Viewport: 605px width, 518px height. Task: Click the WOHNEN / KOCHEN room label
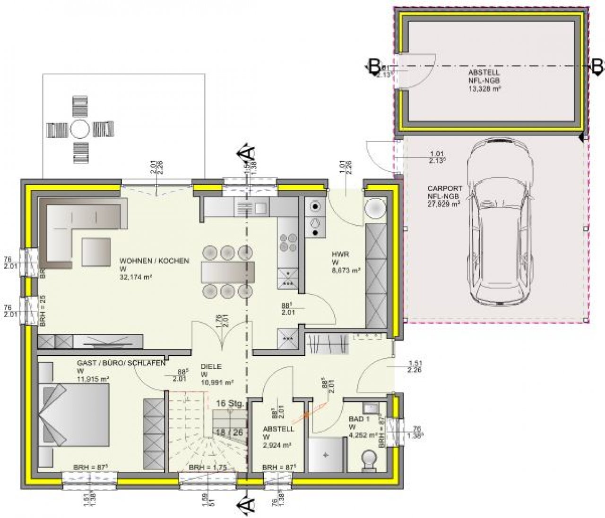tap(154, 261)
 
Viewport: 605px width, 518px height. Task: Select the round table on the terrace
tap(80, 128)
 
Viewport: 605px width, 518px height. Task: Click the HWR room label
tap(340, 254)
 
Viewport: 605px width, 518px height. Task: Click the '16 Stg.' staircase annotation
tap(230, 404)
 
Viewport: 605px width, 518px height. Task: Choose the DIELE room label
tap(211, 366)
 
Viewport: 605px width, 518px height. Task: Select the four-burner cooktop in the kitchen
tap(287, 243)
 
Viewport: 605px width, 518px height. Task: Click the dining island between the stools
tap(227, 272)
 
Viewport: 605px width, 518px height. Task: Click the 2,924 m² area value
tap(277, 445)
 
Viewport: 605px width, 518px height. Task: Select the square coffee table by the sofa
tap(96, 251)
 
